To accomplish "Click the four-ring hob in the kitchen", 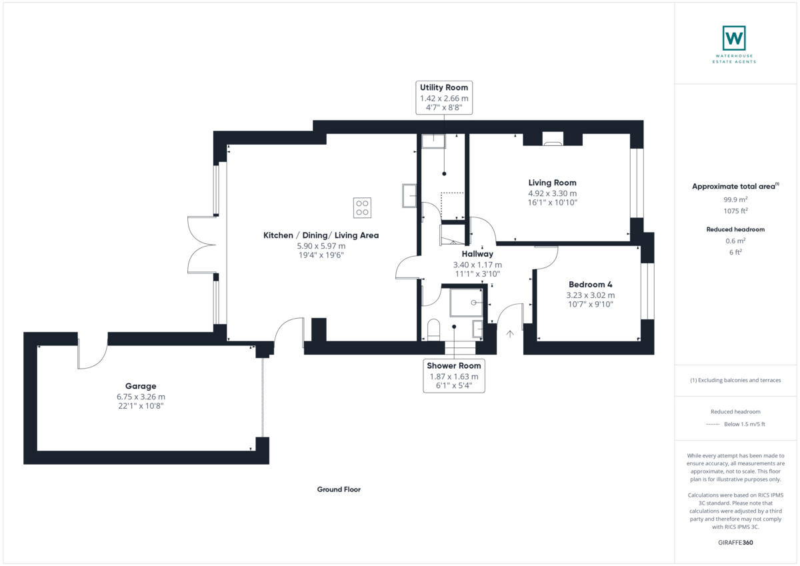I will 363,207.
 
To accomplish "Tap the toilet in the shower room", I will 433,329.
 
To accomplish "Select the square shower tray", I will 467,302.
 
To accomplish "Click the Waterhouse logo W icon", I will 734,38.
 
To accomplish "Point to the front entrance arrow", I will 511,333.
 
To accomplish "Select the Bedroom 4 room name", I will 590,285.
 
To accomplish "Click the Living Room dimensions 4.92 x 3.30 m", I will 552,193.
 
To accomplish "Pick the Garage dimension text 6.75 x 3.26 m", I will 141,396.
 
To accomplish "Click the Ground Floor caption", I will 339,489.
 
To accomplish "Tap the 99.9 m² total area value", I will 735,199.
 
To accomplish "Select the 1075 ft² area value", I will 735,211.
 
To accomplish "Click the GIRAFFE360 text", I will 735,543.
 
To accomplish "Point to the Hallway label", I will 477,254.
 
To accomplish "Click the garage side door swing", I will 92,351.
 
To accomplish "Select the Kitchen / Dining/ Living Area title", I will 321,235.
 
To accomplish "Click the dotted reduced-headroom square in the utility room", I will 452,206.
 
